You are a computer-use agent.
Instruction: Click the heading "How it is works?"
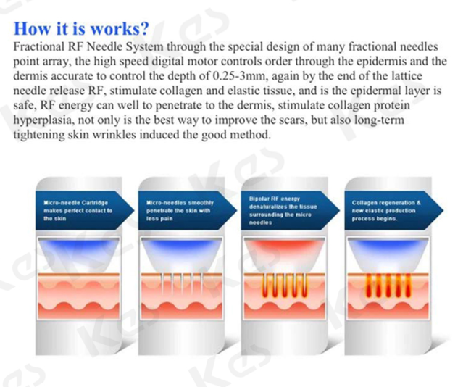click(81, 28)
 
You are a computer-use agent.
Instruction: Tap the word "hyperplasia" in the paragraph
click(43, 120)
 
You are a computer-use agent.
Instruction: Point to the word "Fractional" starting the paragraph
click(38, 47)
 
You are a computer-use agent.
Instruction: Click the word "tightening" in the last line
click(38, 136)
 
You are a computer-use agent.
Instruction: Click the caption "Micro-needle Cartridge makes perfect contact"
click(78, 211)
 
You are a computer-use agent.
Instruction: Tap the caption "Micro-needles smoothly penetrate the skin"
click(180, 211)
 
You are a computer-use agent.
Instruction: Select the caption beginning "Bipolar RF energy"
click(283, 211)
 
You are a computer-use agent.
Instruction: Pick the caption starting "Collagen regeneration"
click(386, 211)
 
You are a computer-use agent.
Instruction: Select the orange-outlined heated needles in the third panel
click(285, 286)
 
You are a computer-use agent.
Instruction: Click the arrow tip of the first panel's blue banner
click(134, 210)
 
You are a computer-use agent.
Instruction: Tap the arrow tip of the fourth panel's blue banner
click(443, 210)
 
